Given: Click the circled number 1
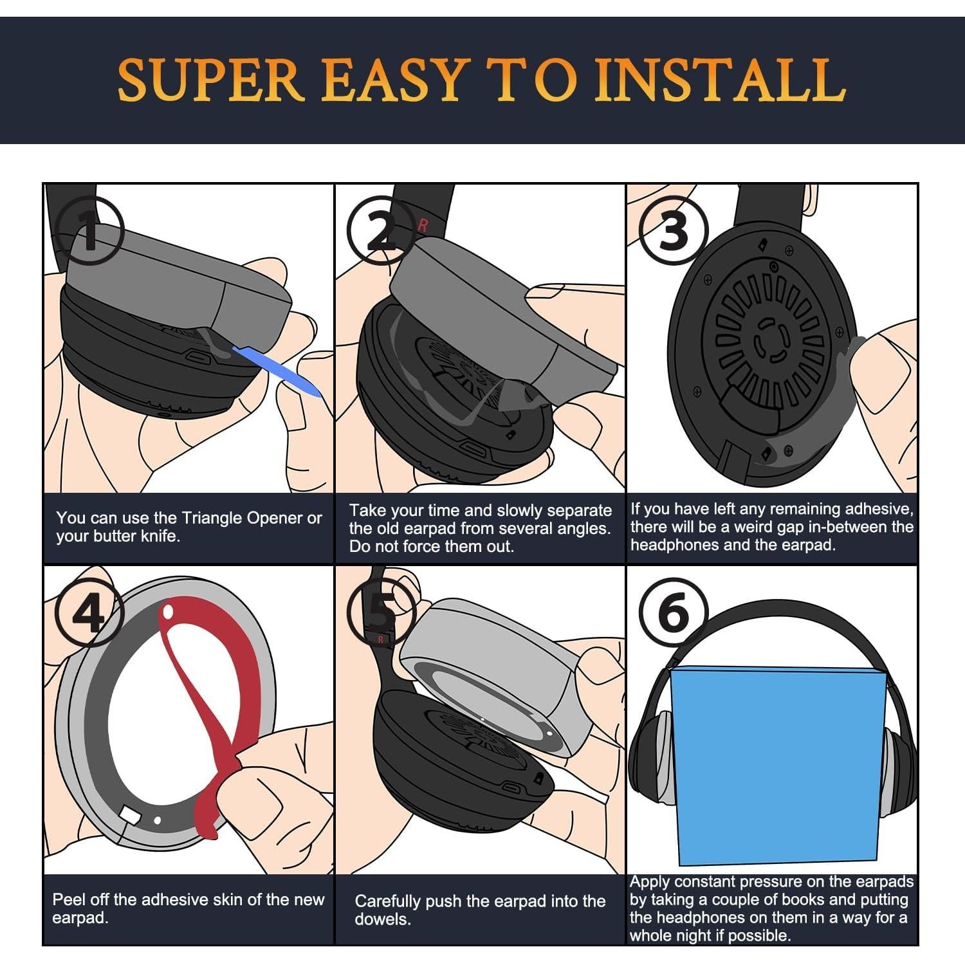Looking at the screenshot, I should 90,232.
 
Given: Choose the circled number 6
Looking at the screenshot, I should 674,613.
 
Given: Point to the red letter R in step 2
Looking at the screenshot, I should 423,225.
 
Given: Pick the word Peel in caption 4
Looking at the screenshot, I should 69,899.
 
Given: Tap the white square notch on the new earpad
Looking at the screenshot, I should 129,816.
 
